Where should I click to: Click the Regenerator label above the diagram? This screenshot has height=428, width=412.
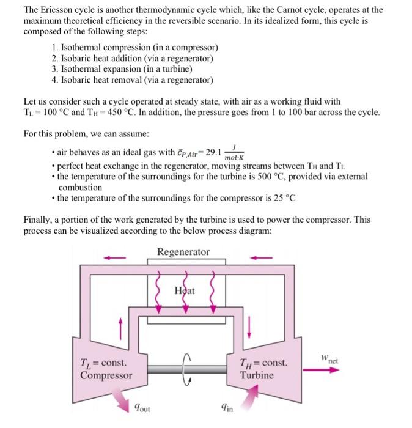click(183, 252)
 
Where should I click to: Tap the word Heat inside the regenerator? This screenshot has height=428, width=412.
click(185, 290)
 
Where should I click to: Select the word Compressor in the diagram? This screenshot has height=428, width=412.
click(106, 375)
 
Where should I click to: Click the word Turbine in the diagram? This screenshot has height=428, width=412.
click(257, 375)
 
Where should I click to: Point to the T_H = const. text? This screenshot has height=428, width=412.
click(263, 363)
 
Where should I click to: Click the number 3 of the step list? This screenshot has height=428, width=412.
click(55, 69)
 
